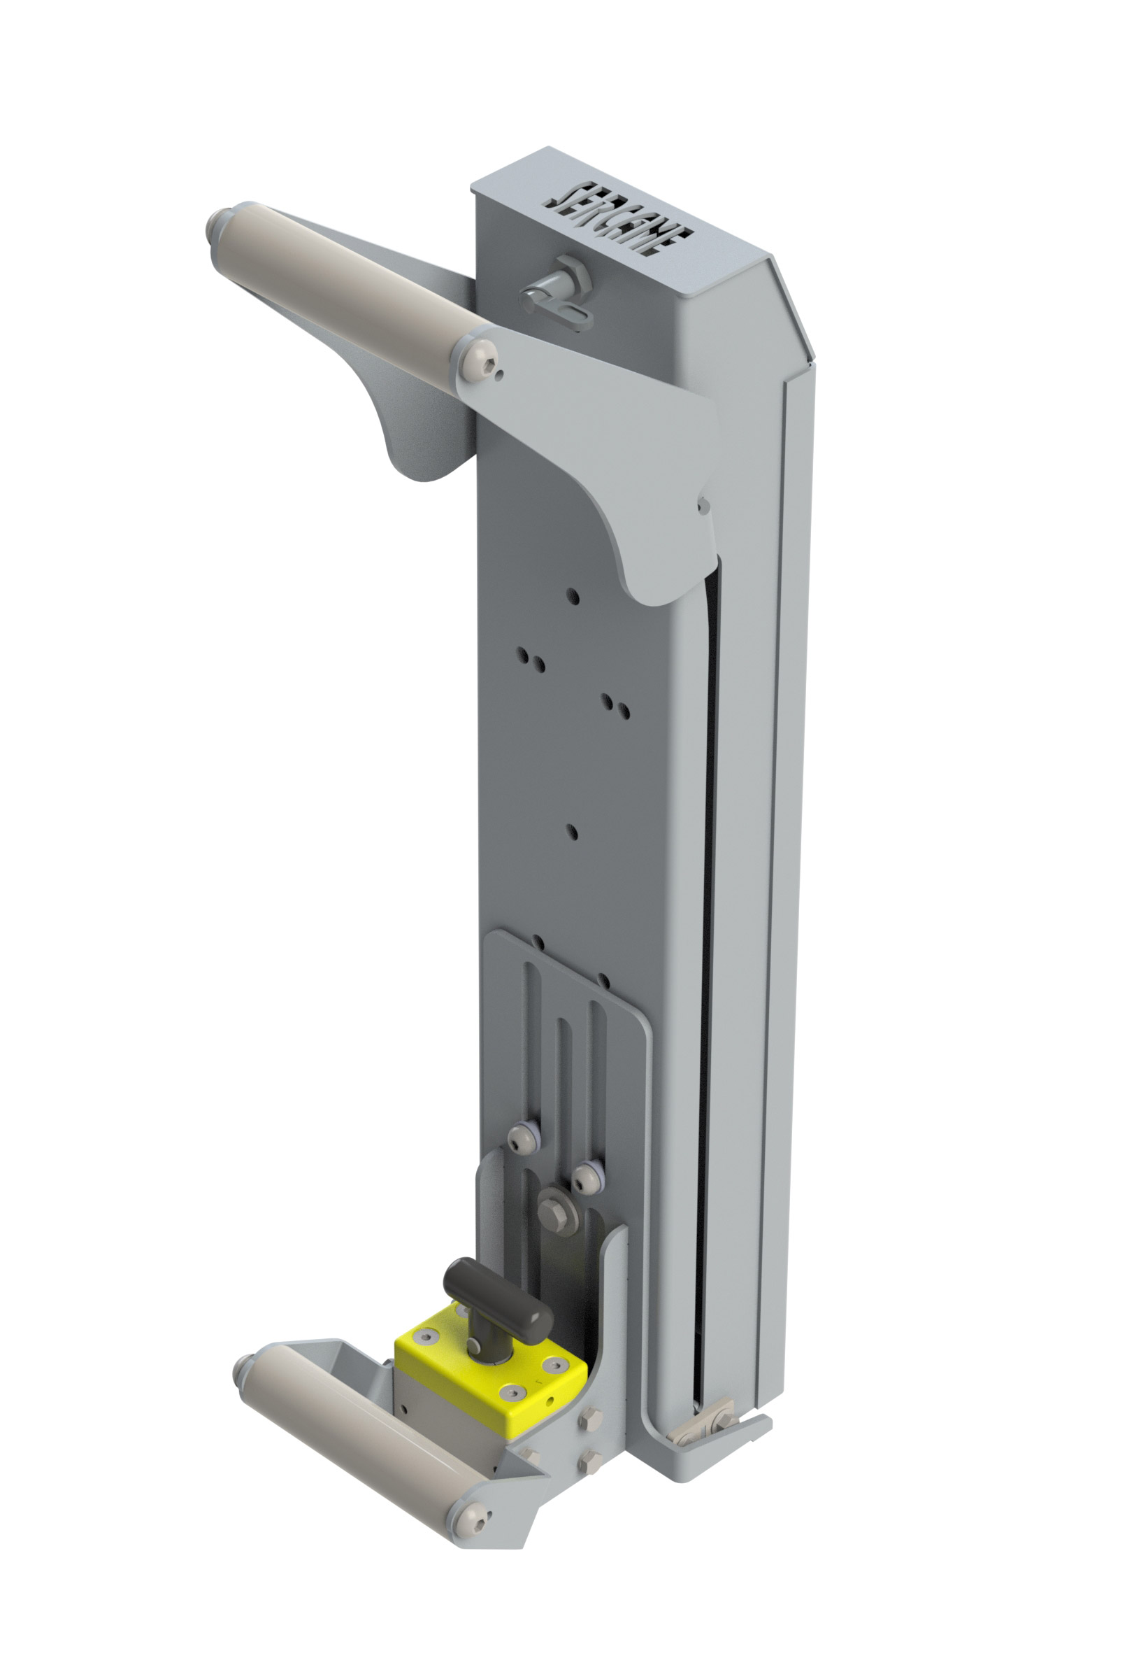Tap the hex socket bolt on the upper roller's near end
482,361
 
